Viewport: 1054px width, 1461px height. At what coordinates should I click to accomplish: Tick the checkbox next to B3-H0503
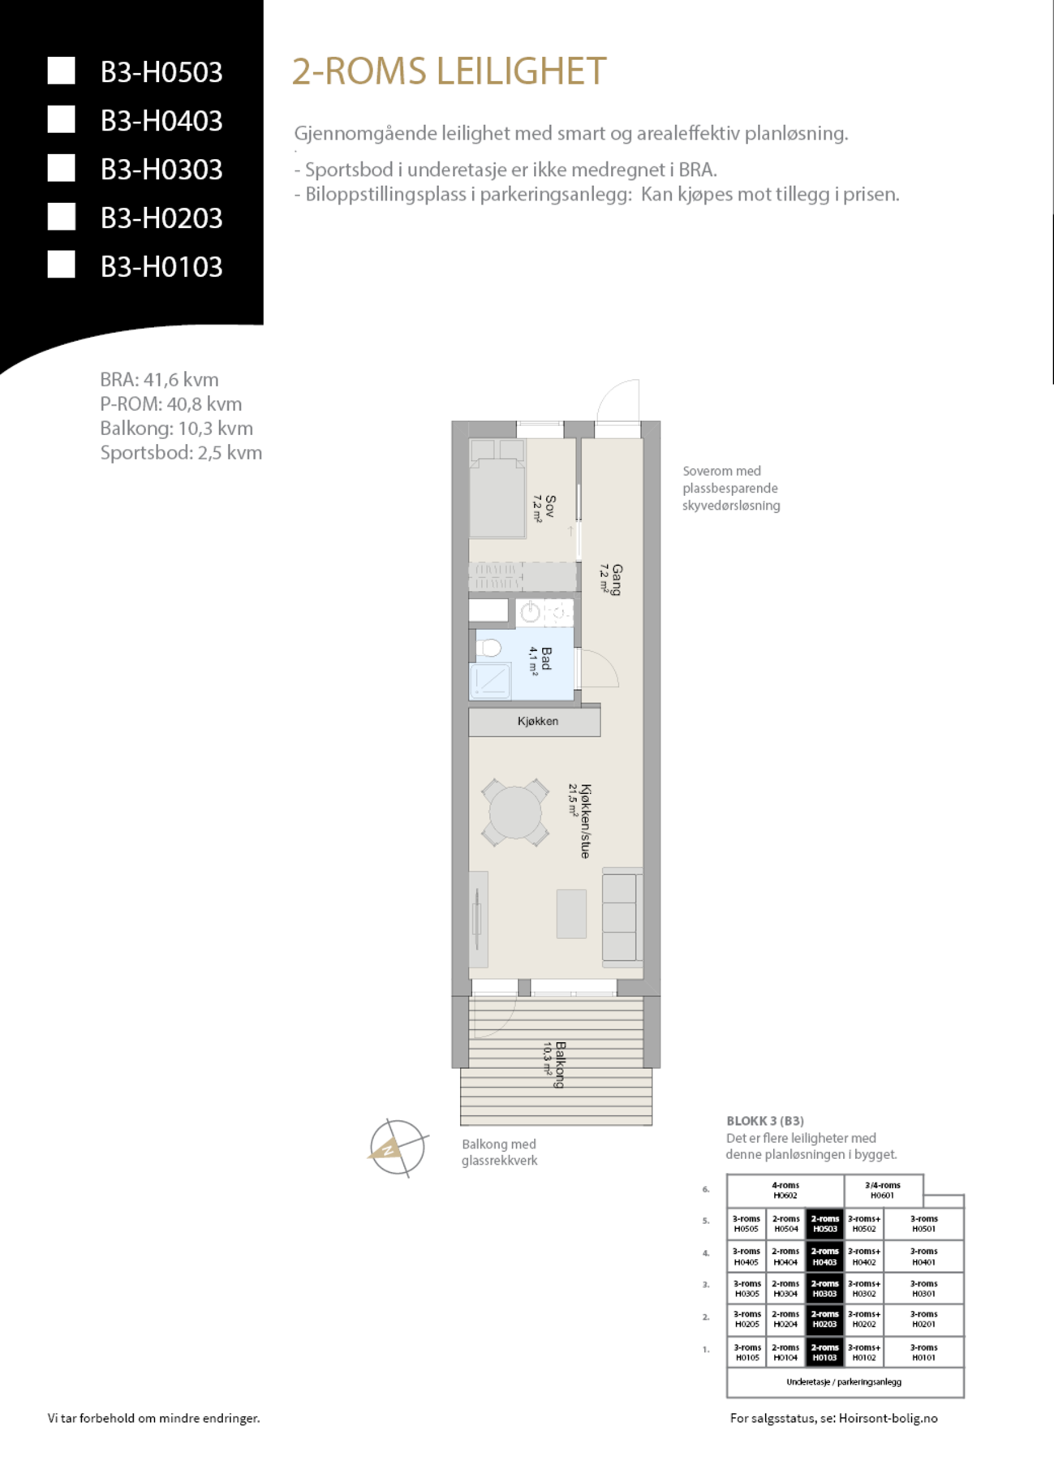coord(62,71)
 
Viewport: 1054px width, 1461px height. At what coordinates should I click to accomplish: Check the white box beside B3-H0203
coord(62,217)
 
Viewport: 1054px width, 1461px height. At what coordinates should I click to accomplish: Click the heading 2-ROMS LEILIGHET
coord(449,71)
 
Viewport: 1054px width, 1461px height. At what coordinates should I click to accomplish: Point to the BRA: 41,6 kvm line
coord(159,380)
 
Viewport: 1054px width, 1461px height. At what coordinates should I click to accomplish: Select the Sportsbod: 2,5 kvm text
coord(181,453)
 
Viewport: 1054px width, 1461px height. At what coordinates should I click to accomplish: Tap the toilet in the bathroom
coord(489,649)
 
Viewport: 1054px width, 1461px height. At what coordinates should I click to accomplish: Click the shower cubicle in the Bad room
coord(490,680)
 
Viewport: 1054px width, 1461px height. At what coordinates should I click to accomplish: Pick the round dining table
coord(514,812)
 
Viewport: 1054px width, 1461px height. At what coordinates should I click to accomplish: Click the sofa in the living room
coord(621,917)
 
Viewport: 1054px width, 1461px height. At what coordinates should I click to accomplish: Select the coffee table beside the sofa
coord(571,914)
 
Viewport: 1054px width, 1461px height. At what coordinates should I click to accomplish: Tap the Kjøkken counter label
coord(537,721)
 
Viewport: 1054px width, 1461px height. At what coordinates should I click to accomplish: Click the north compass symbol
coord(397,1149)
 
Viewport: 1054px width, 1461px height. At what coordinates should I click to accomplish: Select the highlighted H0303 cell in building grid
coord(824,1289)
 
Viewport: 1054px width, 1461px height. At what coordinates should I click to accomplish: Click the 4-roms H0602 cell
coord(785,1191)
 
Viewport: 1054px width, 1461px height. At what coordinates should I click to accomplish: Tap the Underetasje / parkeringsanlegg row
coord(844,1381)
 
